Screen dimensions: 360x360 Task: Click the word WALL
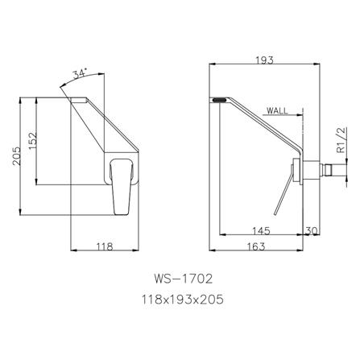[276, 114]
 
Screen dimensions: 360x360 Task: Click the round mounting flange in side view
[300, 171]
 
